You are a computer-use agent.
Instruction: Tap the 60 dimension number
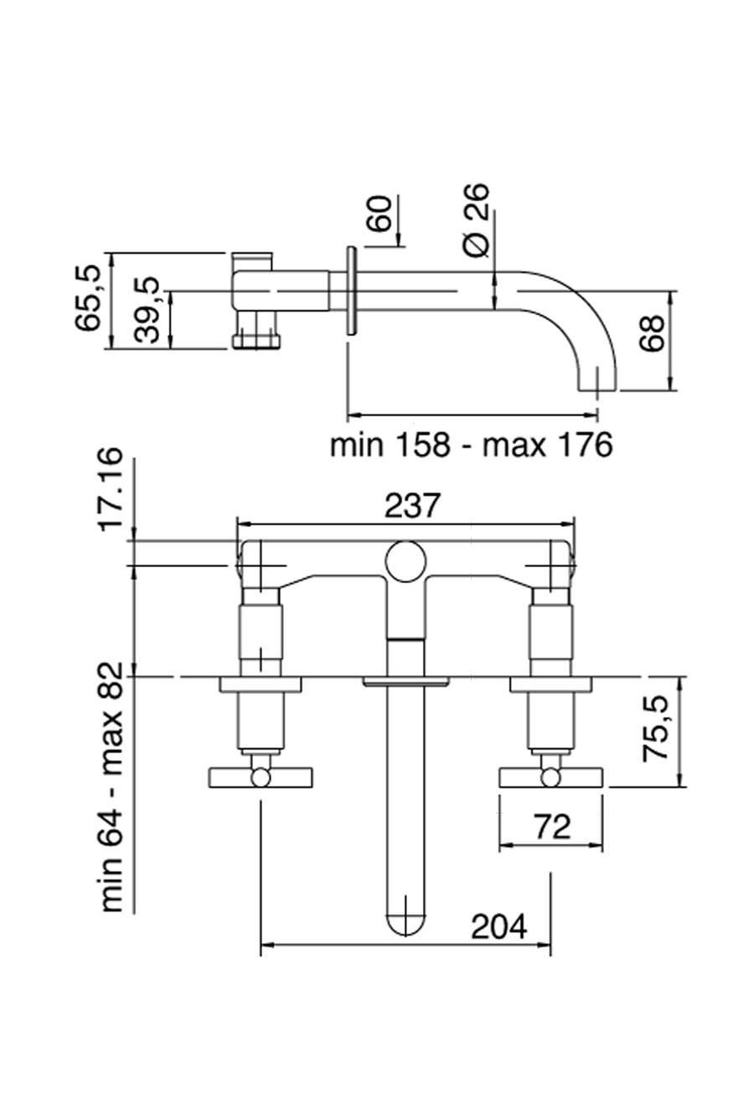coord(379,215)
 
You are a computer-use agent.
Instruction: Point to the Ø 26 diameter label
coord(475,220)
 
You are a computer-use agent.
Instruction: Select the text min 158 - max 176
coord(471,445)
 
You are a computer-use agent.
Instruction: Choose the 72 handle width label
coord(552,827)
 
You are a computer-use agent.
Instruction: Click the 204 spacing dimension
coord(499,926)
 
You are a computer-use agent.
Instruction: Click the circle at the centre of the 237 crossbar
coord(405,560)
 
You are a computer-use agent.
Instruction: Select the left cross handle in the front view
coord(260,777)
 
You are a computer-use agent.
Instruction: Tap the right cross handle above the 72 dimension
coord(550,777)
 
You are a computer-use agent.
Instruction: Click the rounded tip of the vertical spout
coord(405,921)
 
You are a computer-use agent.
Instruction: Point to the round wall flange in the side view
coord(350,291)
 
